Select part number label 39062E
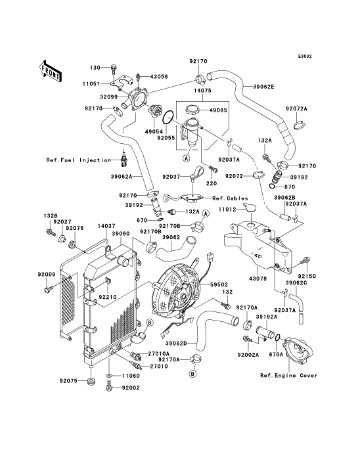pos(263,87)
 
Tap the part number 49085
pos(219,110)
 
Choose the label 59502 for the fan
pos(219,284)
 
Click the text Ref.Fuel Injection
pos(79,160)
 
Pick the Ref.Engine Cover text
pos(288,376)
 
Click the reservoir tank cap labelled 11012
pos(250,208)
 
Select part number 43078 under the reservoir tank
pos(258,279)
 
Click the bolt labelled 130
pos(114,68)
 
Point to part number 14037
pos(107,226)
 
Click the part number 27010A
pos(159,354)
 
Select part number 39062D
pos(176,343)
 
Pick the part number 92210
pos(108,298)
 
